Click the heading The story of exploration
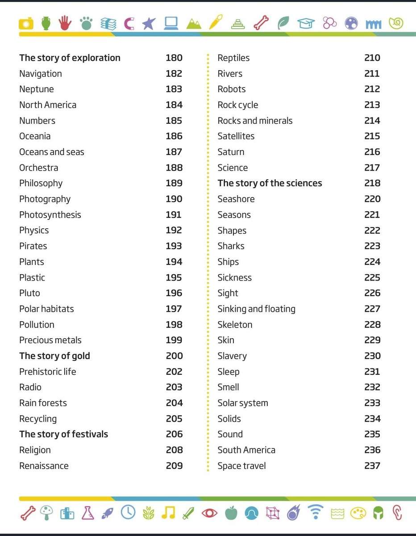click(x=70, y=58)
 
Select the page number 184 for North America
click(x=174, y=105)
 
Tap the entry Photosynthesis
click(x=50, y=215)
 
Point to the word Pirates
click(x=33, y=246)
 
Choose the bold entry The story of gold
click(x=54, y=356)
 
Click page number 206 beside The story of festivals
click(x=174, y=434)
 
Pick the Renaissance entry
click(x=44, y=466)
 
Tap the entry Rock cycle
click(x=237, y=105)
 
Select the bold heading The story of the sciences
click(x=270, y=183)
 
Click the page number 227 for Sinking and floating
click(x=372, y=309)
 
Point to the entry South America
click(x=246, y=450)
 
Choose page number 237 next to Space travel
click(x=372, y=466)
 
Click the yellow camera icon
click(x=26, y=23)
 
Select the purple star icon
click(x=149, y=23)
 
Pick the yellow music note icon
click(x=168, y=513)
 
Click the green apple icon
click(x=231, y=513)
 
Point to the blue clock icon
click(x=128, y=513)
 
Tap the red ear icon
click(x=396, y=513)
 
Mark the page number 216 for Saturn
click(x=372, y=152)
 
